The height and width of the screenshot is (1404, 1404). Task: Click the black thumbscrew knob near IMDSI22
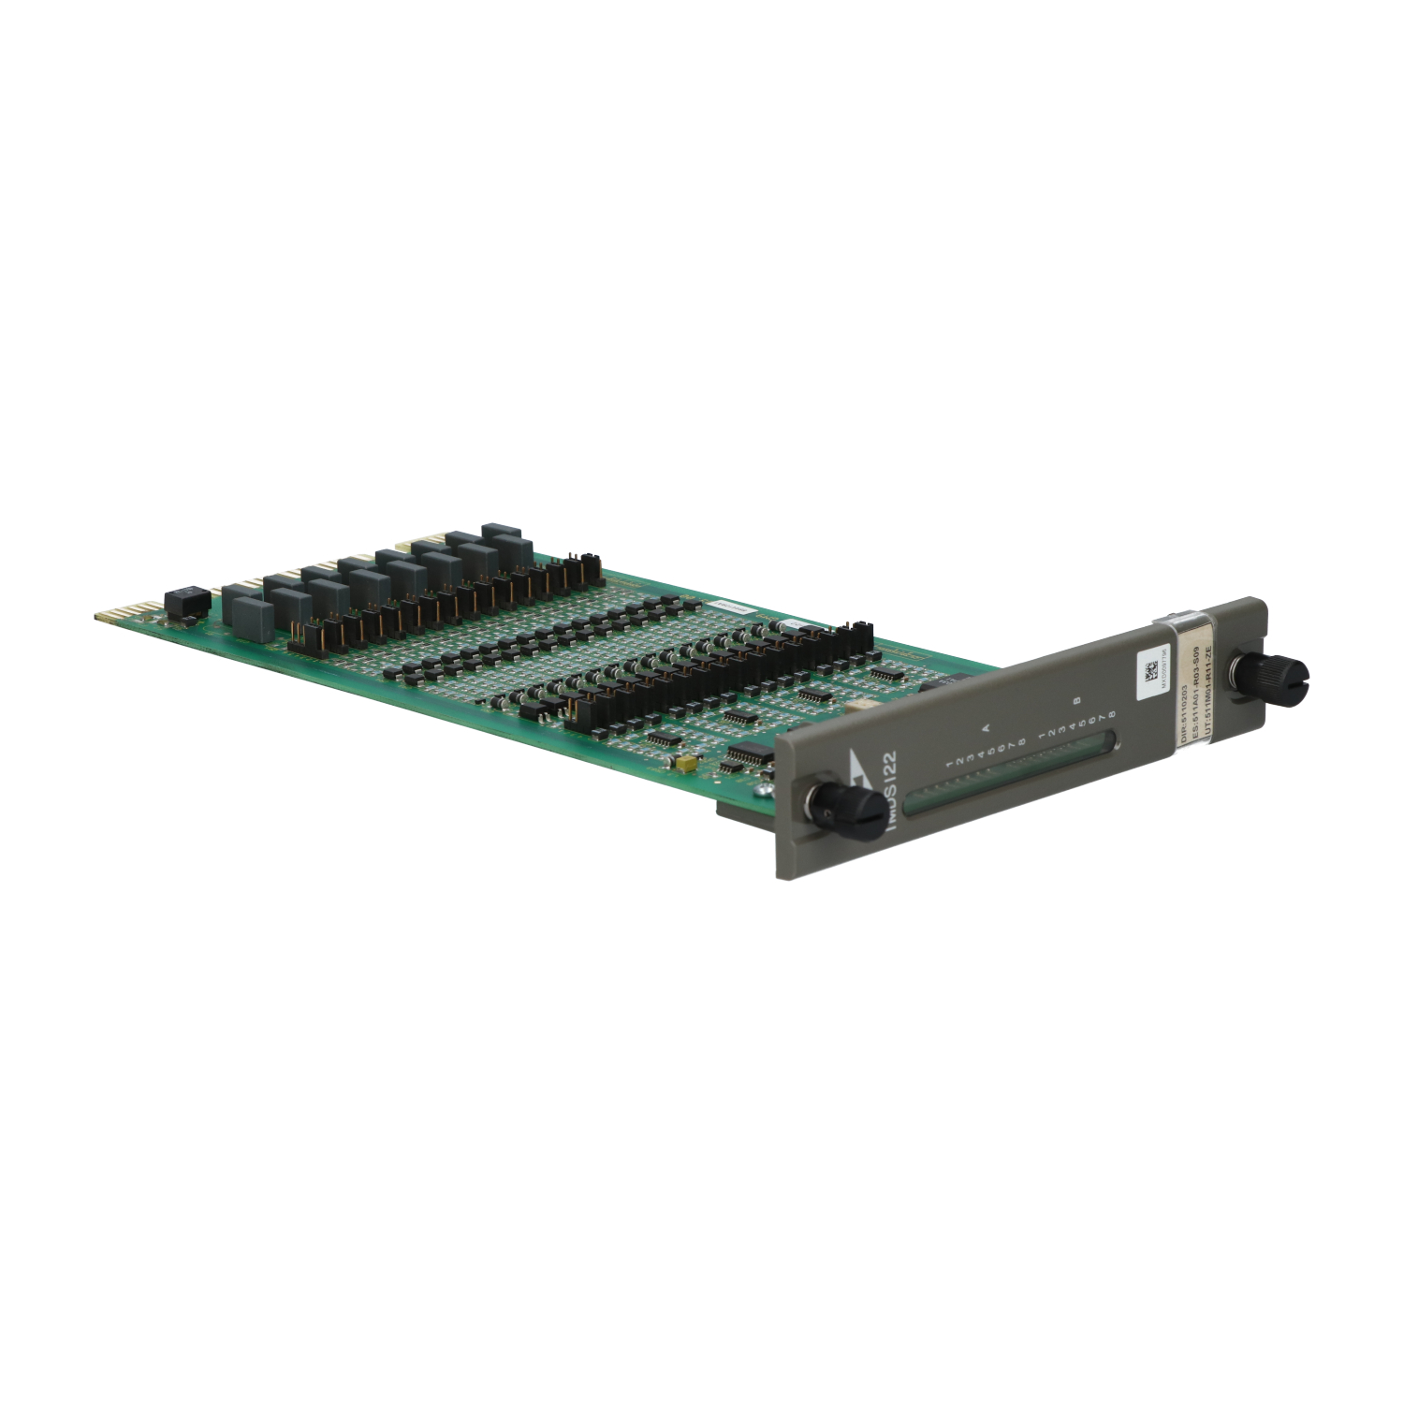823,804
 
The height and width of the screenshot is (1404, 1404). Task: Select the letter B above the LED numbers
1078,699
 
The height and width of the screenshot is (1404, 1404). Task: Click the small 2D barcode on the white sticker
1150,670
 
